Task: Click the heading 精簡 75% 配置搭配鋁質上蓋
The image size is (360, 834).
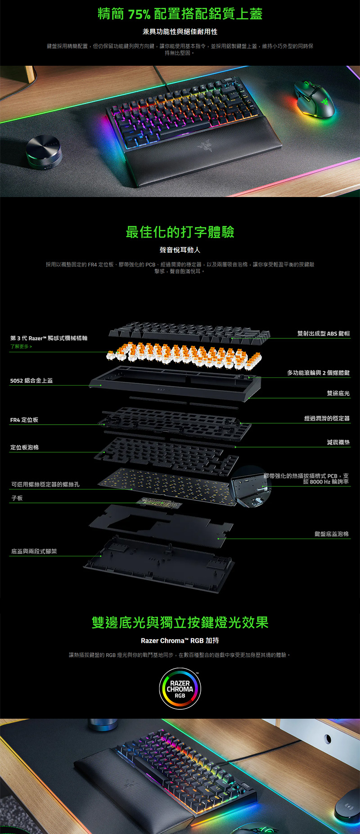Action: click(x=180, y=14)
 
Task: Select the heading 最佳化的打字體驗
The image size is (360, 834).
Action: click(x=180, y=232)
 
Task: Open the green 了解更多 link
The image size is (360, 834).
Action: click(x=21, y=346)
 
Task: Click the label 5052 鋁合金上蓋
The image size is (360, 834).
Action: click(x=31, y=381)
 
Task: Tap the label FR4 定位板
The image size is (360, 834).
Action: click(x=24, y=420)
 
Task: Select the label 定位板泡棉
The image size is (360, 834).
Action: click(x=25, y=448)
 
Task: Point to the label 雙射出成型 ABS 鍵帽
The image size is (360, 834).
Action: click(x=323, y=333)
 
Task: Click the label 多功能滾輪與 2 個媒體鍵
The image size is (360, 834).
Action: click(x=318, y=373)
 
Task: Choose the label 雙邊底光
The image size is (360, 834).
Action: click(x=338, y=393)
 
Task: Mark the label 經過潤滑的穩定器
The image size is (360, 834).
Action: click(x=327, y=418)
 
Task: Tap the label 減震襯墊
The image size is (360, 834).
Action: click(x=338, y=442)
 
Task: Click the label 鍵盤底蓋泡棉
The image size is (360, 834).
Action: click(x=332, y=534)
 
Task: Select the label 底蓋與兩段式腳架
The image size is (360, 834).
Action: click(x=34, y=551)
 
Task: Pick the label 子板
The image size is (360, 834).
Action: click(x=17, y=498)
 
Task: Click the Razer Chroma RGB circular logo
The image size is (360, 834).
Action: click(x=180, y=689)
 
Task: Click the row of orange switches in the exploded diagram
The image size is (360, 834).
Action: click(x=184, y=354)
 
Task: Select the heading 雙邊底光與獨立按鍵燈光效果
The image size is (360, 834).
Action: click(x=180, y=623)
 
